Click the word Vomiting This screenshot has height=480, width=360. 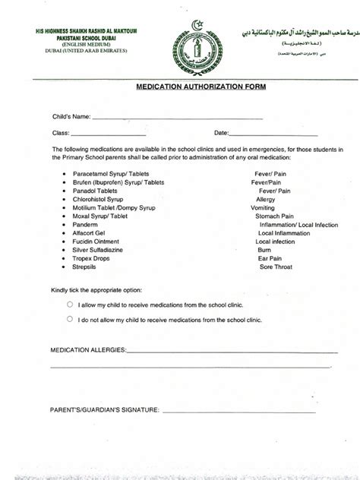click(x=264, y=207)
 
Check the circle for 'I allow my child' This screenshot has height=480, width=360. click(x=70, y=303)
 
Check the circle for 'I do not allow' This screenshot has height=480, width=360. click(x=70, y=320)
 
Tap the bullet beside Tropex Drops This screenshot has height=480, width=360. click(x=65, y=258)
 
